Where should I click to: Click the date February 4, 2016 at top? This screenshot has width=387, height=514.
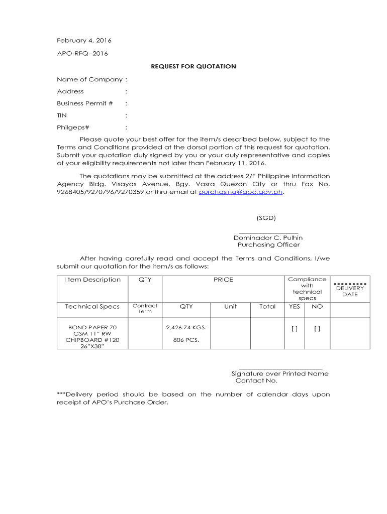click(x=84, y=40)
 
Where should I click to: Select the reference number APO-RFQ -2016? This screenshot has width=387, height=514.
click(x=82, y=53)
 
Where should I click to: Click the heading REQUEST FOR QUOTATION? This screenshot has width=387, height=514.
click(x=193, y=66)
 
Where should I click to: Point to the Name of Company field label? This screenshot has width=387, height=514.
click(x=89, y=79)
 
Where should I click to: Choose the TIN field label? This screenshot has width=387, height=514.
click(x=62, y=115)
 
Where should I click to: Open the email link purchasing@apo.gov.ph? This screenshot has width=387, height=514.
click(x=241, y=192)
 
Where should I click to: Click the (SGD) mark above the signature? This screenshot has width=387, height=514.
click(x=266, y=218)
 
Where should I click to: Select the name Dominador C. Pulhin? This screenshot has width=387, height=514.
click(x=268, y=237)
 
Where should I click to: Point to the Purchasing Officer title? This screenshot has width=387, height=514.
click(x=268, y=245)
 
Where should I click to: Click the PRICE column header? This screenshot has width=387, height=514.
click(x=223, y=280)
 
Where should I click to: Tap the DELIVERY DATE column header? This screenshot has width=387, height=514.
click(x=350, y=291)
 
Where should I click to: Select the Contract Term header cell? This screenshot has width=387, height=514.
click(x=145, y=308)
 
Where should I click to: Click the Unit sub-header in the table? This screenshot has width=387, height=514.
click(x=231, y=306)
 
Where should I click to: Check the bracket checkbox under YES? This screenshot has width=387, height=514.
click(x=295, y=329)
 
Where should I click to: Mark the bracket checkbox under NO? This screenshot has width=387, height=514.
click(x=317, y=329)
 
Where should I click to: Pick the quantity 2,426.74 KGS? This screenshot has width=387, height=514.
click(x=186, y=327)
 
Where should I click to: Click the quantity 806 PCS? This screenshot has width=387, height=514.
click(x=186, y=340)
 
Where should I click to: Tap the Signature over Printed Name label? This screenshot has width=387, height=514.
click(x=279, y=373)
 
